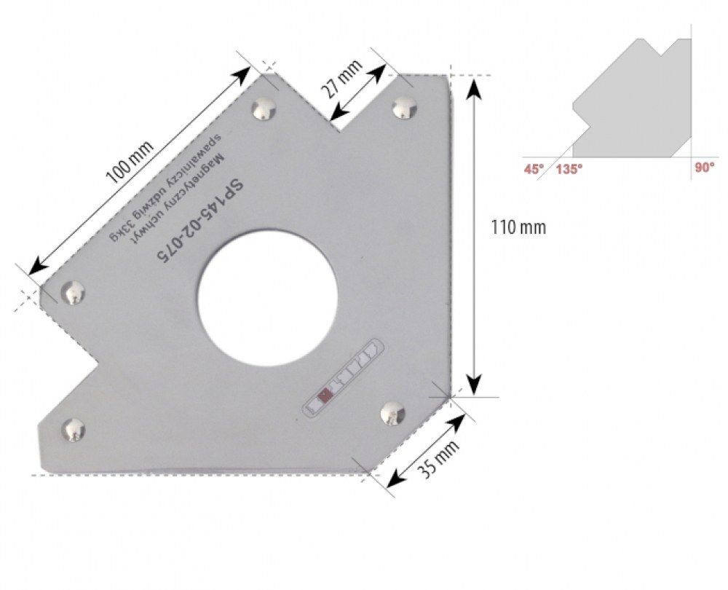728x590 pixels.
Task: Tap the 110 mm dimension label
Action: click(x=519, y=228)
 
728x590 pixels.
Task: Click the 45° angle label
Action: click(x=534, y=168)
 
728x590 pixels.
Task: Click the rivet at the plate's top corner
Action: click(x=264, y=110)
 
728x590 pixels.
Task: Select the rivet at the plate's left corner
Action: click(x=73, y=293)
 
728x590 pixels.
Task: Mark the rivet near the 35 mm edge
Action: click(x=393, y=413)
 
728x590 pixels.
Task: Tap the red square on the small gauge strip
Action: click(x=325, y=395)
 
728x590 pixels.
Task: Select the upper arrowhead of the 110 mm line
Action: click(x=474, y=86)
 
